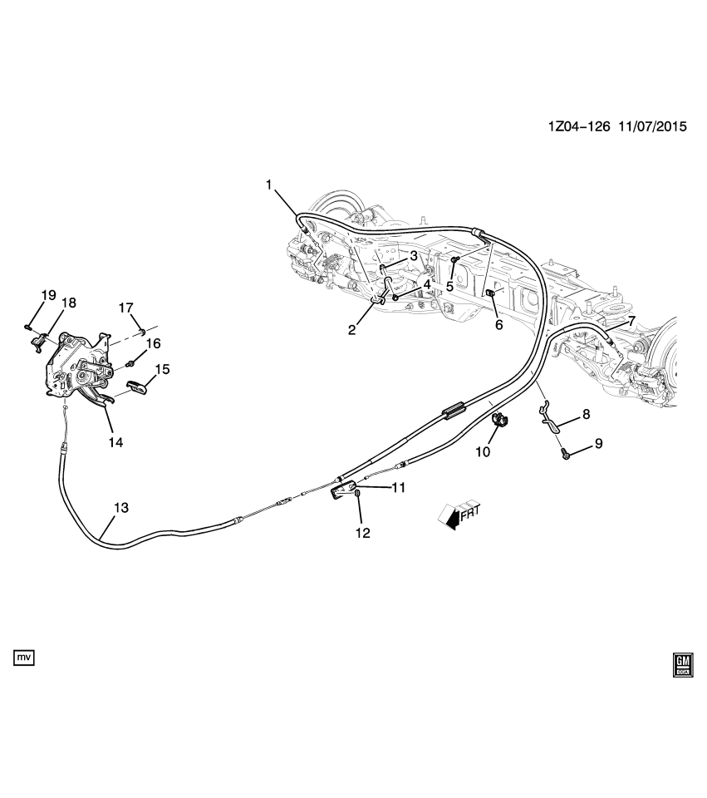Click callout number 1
269,185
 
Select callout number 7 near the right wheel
631,321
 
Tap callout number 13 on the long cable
120,506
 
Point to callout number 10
483,451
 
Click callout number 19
48,295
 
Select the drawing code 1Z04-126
578,128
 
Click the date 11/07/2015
651,128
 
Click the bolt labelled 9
565,452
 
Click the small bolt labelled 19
28,325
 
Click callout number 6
498,325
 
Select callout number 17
125,308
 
